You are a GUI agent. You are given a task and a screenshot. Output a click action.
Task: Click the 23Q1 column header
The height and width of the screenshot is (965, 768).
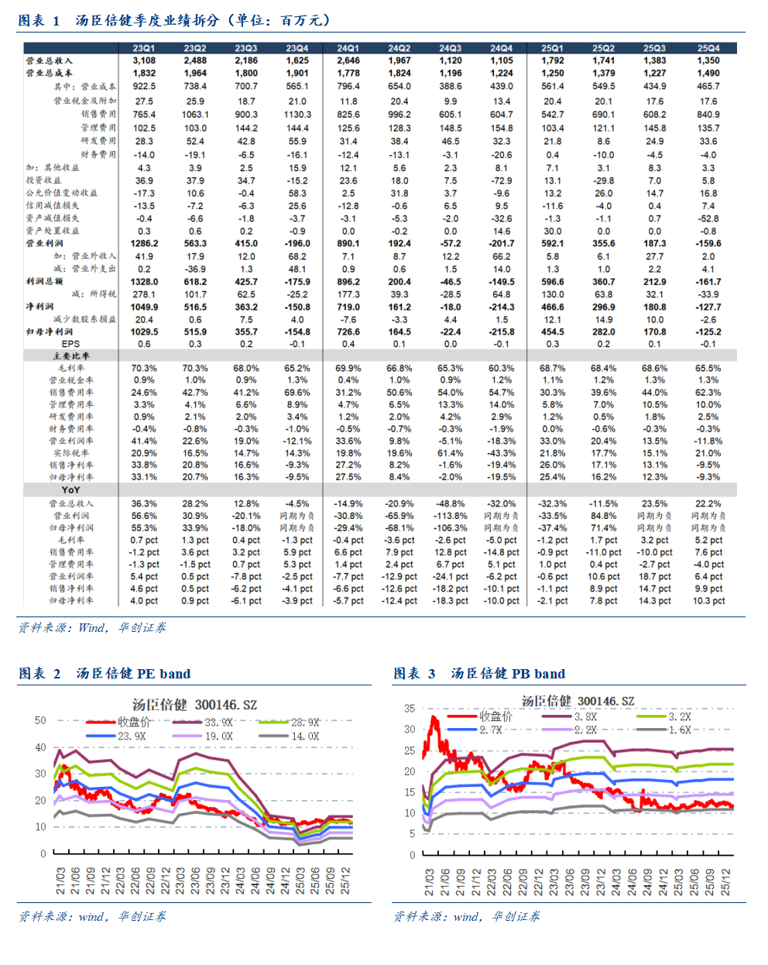[x=144, y=48]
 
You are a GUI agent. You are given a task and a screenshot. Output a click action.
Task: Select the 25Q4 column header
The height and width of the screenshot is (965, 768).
[x=708, y=48]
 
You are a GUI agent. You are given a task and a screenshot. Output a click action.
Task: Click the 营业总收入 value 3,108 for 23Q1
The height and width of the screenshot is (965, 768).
[x=144, y=60]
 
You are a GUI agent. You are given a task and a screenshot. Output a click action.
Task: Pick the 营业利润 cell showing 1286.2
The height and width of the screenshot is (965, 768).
[x=144, y=243]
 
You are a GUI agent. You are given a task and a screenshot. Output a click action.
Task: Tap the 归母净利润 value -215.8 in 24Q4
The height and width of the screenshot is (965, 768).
[x=502, y=331]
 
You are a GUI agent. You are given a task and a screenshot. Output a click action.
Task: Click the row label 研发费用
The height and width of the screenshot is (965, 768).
[x=98, y=141]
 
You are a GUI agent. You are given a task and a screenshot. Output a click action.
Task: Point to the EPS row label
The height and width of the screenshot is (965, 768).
[x=70, y=343]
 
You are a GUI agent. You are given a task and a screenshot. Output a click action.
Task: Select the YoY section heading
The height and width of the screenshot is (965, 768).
[x=70, y=489]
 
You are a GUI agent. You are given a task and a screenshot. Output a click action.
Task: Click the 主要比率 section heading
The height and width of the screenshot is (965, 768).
[x=70, y=355]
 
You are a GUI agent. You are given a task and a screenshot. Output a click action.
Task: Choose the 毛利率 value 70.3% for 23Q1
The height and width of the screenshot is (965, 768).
[x=144, y=368]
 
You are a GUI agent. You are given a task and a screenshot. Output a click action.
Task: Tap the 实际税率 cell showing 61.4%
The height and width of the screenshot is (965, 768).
[x=451, y=453]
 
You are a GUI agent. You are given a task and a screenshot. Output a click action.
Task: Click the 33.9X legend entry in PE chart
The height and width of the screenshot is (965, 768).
[x=218, y=723]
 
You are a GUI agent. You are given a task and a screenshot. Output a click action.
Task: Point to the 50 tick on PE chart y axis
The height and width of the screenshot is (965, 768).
[x=40, y=720]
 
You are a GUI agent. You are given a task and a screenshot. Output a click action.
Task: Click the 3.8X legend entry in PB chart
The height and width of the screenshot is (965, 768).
[x=585, y=717]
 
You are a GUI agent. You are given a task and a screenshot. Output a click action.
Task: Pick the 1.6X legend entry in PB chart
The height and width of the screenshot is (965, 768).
[x=679, y=730]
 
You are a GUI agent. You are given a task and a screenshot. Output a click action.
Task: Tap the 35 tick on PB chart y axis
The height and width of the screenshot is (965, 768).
[x=410, y=708]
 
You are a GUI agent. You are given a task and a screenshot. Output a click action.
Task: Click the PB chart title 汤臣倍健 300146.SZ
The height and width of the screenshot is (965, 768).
[x=578, y=701]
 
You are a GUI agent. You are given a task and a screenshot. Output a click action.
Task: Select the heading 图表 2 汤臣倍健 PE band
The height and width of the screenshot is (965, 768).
[x=105, y=674]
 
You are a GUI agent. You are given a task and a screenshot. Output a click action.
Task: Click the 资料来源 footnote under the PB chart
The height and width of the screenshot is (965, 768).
[x=467, y=916]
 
